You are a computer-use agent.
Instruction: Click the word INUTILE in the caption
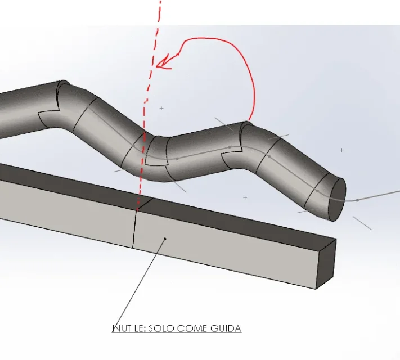(129, 328)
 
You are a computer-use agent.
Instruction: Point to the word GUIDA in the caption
(226, 328)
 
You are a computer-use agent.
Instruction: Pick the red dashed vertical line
(149, 102)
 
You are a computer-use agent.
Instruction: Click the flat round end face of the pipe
(337, 200)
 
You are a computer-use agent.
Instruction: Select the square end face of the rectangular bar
(326, 264)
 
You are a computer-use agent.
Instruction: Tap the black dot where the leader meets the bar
(165, 239)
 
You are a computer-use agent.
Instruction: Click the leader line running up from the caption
(139, 283)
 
